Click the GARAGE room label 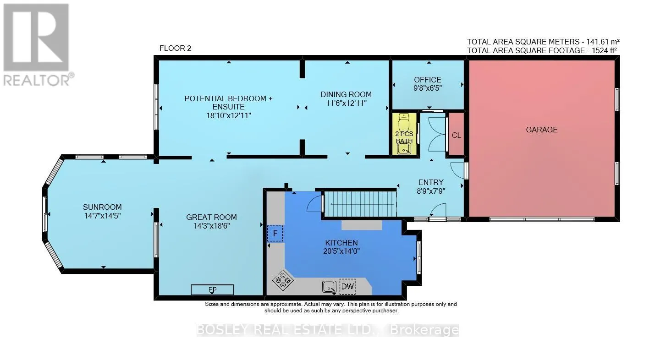(x=541, y=130)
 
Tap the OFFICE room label (x=428, y=80)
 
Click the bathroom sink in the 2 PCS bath (x=404, y=149)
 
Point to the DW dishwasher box (x=347, y=286)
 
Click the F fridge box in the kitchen (x=275, y=234)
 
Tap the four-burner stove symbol (x=283, y=280)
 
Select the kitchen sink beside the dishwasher (x=329, y=286)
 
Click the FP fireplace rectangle (x=212, y=289)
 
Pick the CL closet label (x=456, y=135)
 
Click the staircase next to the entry (x=360, y=204)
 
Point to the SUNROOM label (x=102, y=207)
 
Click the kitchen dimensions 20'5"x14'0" (x=341, y=251)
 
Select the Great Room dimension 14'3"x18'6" (x=211, y=226)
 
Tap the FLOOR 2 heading (x=175, y=48)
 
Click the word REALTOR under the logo (x=36, y=80)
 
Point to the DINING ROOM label (x=346, y=94)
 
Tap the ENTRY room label (x=431, y=182)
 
